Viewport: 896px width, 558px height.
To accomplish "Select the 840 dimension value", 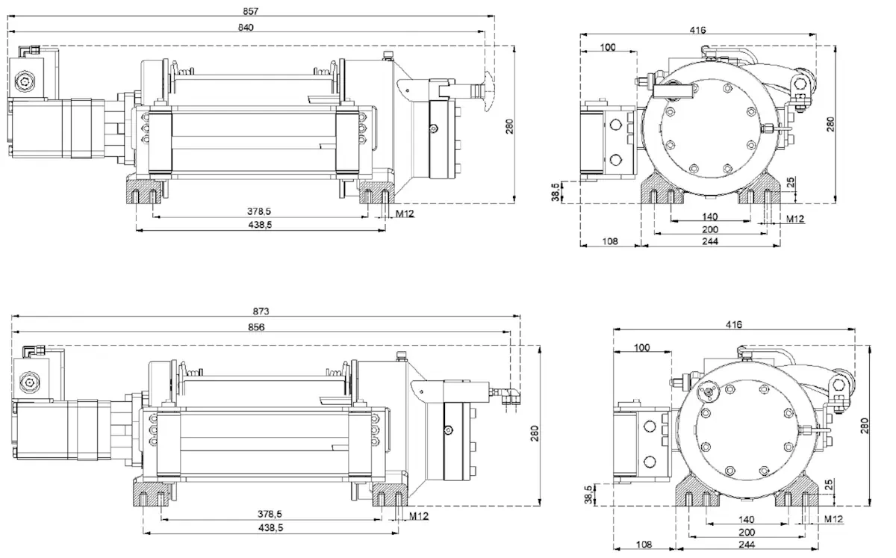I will pos(246,28).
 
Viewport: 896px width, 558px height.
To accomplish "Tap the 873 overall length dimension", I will pos(261,311).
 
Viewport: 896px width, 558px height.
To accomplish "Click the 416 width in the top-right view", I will pos(697,30).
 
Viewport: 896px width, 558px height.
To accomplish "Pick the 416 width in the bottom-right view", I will pos(733,325).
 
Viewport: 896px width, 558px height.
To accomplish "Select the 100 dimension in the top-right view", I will pos(608,47).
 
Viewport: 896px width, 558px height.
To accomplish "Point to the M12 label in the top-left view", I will pos(405,214).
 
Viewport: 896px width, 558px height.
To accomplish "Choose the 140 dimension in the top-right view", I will pos(709,217).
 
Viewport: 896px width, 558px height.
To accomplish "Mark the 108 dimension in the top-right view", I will pos(610,242).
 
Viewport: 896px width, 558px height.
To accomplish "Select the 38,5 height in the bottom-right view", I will pos(588,495).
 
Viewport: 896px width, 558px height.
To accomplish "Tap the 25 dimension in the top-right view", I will pos(791,182).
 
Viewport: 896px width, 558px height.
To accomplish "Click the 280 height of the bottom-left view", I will pos(535,434).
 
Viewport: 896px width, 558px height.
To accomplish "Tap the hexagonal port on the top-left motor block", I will pos(27,80).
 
